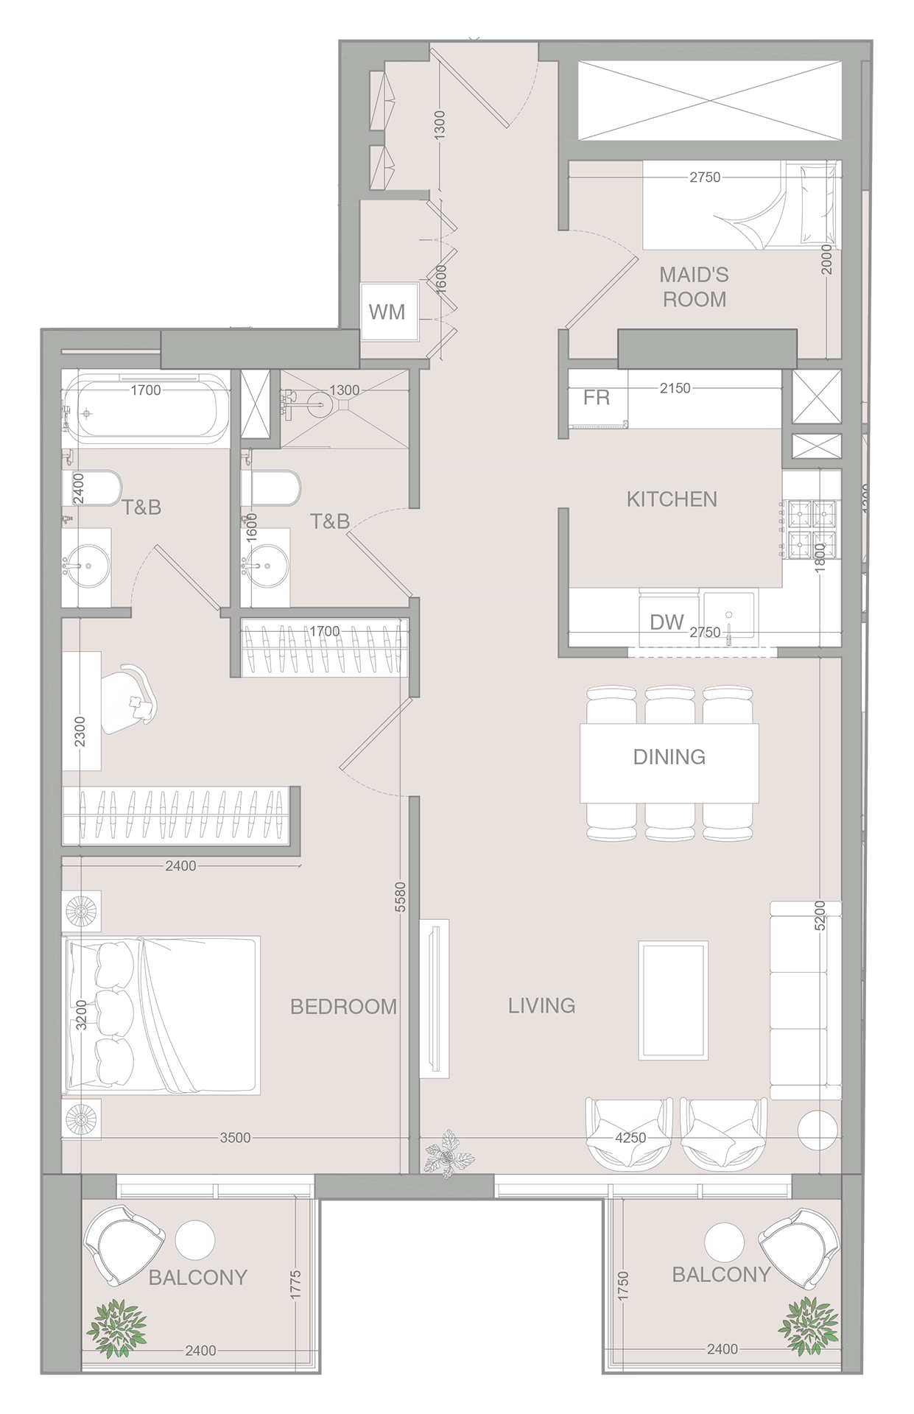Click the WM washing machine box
387,312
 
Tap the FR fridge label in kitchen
596,398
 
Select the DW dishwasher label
667,622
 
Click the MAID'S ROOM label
694,287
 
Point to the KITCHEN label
671,499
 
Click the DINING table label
669,757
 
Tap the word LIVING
541,1005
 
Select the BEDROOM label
343,1006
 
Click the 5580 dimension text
400,897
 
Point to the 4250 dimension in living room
630,1138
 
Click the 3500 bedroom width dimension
235,1138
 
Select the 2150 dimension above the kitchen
675,388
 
